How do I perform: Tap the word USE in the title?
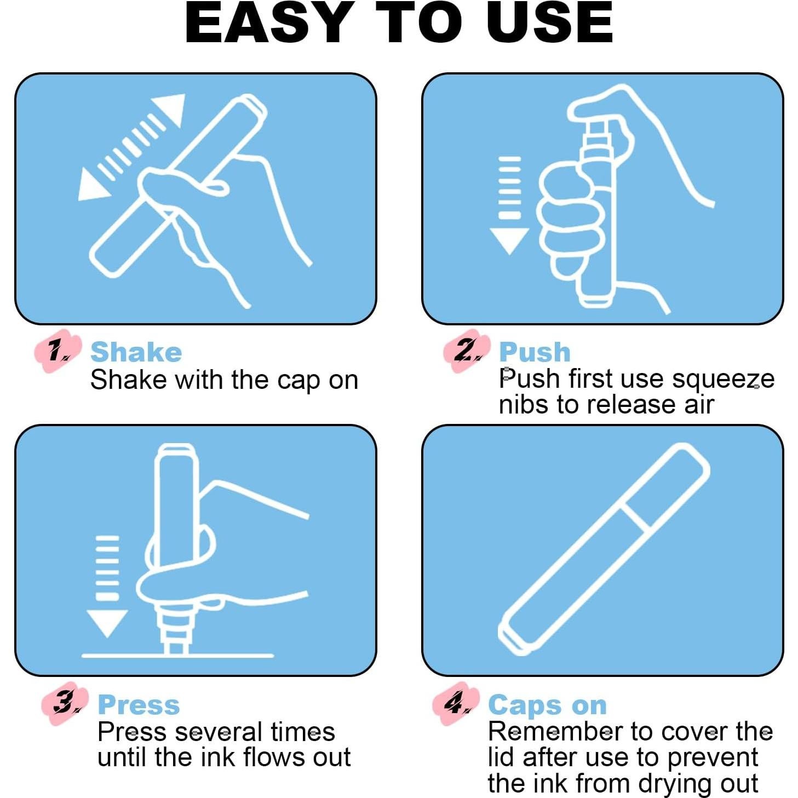click(x=553, y=22)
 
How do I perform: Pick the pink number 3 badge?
click(x=65, y=704)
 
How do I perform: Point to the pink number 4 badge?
click(x=456, y=704)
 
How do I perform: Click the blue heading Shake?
click(x=136, y=352)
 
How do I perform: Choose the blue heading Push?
click(x=535, y=352)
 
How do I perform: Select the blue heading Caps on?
click(x=548, y=705)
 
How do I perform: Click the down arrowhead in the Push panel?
click(x=509, y=241)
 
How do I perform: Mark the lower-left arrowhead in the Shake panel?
click(x=92, y=186)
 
